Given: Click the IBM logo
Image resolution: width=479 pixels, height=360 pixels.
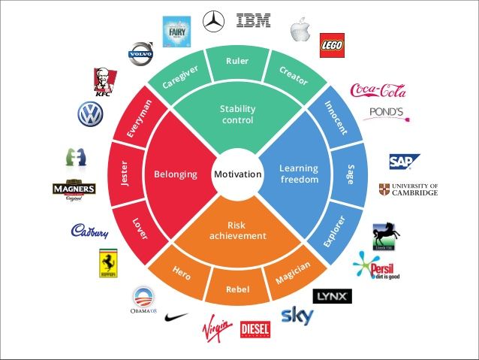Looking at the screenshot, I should coord(253,21).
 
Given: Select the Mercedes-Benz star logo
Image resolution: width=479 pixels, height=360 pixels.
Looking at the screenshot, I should coord(214,20).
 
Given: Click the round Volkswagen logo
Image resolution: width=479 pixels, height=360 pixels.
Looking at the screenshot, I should coord(89,114).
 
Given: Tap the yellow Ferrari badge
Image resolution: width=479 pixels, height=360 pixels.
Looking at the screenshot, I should coord(109,264).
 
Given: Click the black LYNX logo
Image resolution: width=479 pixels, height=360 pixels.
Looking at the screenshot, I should coord(331,296).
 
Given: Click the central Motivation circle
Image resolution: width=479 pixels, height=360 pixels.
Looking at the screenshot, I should coord(237,174).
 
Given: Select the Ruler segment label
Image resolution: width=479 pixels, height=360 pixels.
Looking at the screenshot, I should coord(237,61).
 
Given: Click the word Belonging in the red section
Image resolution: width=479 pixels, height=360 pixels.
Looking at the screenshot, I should coord(176,174).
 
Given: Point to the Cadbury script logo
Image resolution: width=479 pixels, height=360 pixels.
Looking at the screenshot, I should coord(89,231).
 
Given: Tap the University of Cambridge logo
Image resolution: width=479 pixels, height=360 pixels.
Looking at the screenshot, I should coord(408,189).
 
